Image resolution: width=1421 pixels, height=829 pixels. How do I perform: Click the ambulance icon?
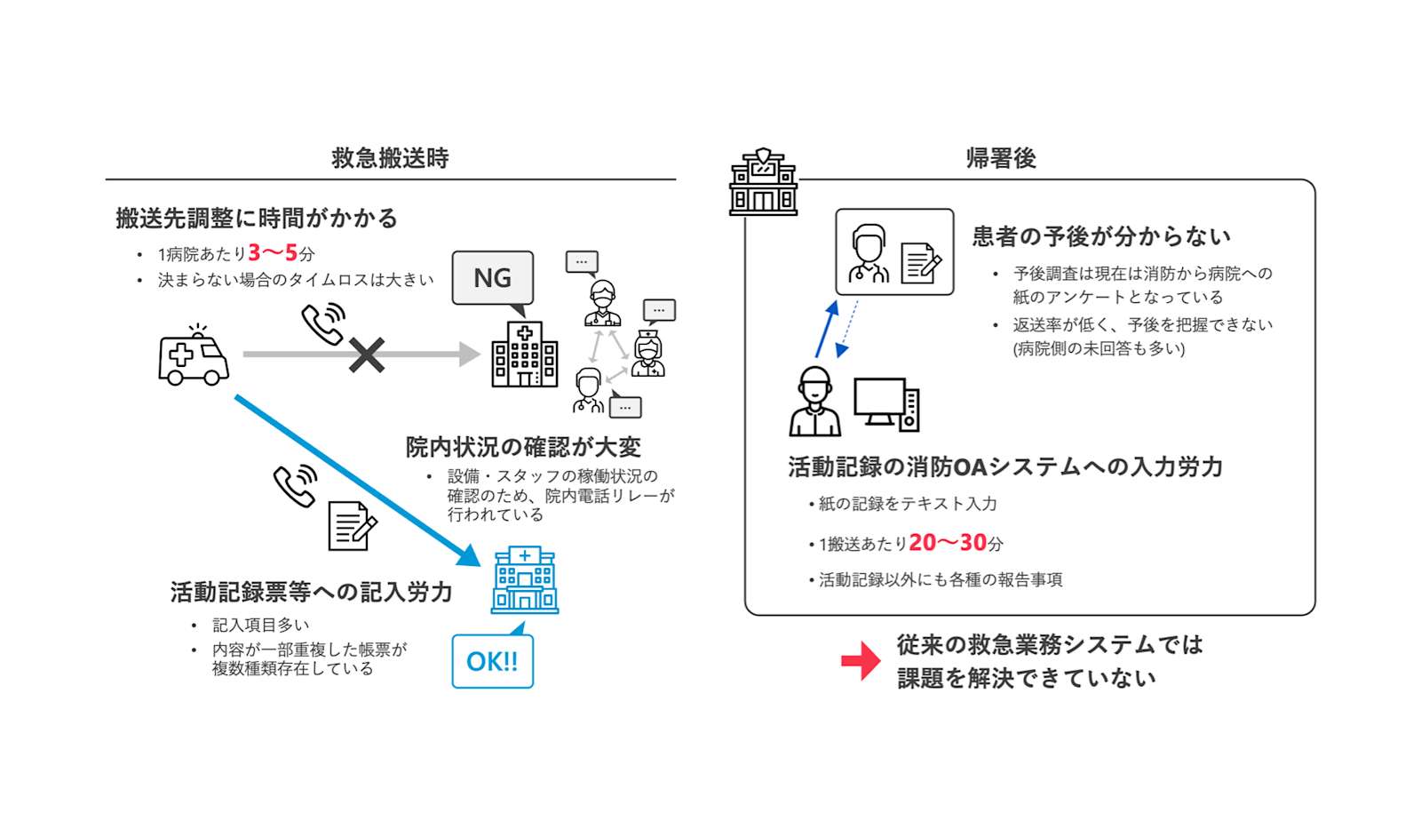[194, 355]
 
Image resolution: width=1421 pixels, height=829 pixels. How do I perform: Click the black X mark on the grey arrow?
[367, 355]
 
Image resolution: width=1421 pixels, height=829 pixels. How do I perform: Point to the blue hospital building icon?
[525, 580]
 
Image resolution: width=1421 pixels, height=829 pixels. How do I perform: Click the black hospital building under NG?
[525, 355]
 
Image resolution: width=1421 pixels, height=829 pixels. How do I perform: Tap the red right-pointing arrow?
[861, 661]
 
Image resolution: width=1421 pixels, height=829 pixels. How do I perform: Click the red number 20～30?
[948, 543]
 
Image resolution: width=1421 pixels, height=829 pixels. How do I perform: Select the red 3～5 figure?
[273, 253]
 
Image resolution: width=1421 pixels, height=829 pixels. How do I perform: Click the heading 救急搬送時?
[390, 158]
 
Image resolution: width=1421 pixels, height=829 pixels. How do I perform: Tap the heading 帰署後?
[1001, 158]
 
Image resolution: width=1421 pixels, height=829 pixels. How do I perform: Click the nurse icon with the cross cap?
[648, 353]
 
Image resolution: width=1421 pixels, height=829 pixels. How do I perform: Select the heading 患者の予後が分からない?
[1101, 236]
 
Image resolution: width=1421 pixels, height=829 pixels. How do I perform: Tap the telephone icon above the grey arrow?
[323, 323]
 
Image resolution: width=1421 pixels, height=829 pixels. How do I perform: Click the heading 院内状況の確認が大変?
[523, 448]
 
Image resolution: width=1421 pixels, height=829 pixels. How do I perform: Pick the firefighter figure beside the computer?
[815, 401]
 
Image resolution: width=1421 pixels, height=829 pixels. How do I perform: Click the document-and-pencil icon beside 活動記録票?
[353, 526]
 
